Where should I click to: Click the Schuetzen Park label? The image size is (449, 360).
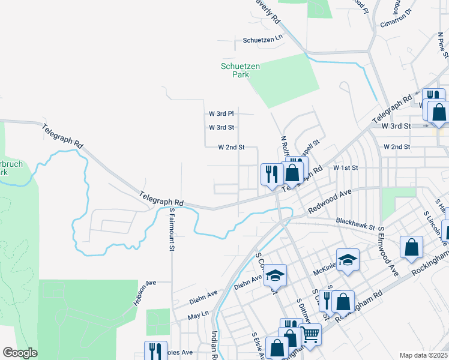click(240, 70)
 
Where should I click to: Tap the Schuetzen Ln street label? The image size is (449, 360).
click(262, 40)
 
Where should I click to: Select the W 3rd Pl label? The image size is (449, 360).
click(221, 113)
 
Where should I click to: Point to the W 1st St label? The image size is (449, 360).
click(345, 168)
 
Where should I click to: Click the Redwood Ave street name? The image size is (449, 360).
click(329, 202)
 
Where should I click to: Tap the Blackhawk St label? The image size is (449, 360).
click(355, 224)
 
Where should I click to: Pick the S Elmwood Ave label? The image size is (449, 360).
click(387, 253)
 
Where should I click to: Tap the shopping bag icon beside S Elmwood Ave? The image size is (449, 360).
click(411, 248)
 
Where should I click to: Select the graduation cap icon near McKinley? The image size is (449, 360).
click(347, 259)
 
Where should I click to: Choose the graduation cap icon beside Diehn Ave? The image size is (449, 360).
click(275, 275)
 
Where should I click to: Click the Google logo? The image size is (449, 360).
click(20, 353)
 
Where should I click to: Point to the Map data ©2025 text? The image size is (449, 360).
click(423, 355)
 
